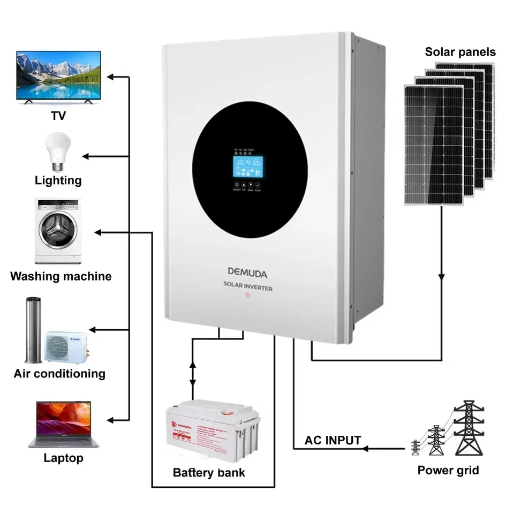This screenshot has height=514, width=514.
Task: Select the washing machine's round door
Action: pos(59,230)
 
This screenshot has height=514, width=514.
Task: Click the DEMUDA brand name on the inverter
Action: pos(247,273)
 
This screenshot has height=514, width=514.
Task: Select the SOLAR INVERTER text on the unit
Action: pos(248,288)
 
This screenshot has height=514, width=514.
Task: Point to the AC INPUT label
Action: pos(332,441)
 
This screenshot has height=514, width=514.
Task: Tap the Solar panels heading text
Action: pos(460,52)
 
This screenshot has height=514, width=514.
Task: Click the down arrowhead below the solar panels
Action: pos(441,277)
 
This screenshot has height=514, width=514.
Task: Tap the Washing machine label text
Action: pos(61,276)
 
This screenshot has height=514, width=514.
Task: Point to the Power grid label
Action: pos(448,471)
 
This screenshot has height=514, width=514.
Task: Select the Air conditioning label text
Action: pos(59,373)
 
